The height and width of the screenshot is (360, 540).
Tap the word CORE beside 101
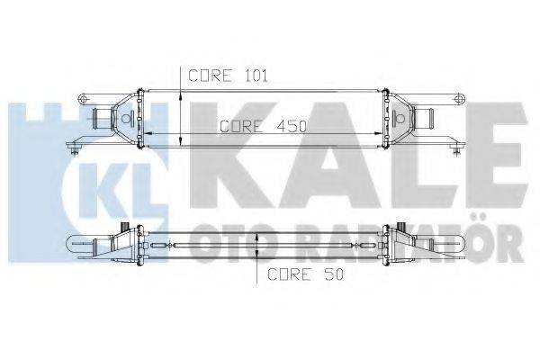coord(212,76)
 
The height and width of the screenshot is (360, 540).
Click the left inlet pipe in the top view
coord(101,118)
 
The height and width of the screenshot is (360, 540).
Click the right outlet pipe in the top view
coord(427,118)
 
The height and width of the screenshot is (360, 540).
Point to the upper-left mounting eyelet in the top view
coord(84,97)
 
